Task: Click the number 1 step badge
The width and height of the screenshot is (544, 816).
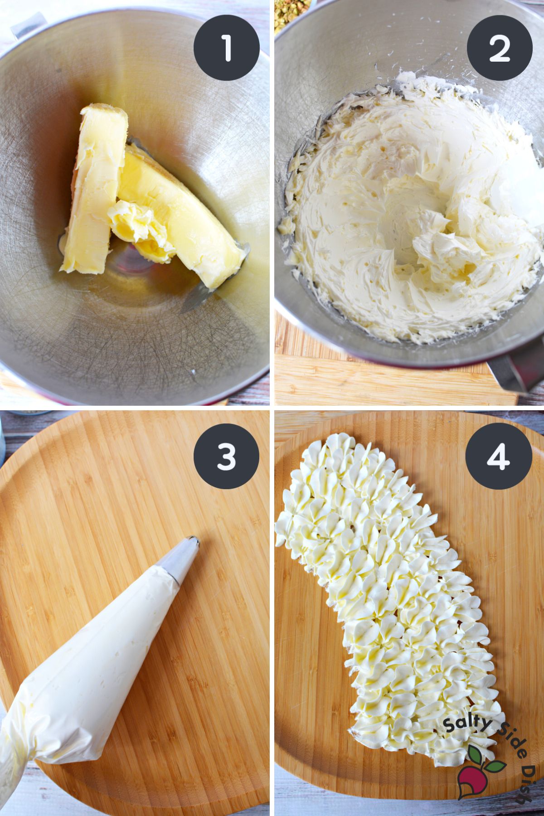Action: [226, 48]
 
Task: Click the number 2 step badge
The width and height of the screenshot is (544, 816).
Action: [499, 48]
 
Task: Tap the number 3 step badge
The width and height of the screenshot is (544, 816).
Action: [226, 456]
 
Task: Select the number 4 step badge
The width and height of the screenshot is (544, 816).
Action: [499, 456]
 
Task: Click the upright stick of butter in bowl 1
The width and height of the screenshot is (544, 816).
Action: [93, 186]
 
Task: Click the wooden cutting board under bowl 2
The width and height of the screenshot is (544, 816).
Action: [363, 381]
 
